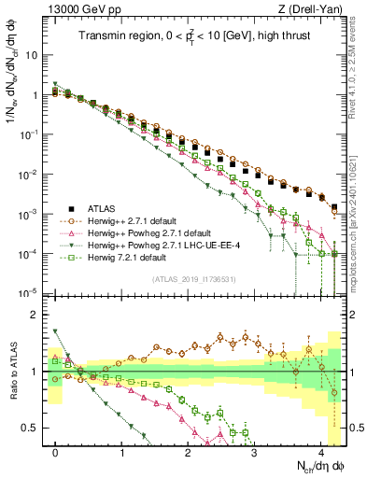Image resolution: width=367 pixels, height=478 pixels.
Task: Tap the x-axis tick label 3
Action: (x=254, y=452)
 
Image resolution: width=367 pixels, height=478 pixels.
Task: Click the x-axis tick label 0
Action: (x=56, y=452)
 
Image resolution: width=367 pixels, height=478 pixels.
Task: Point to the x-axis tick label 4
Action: (x=320, y=452)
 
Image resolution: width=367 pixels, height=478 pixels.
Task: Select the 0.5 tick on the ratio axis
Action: (x=30, y=429)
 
